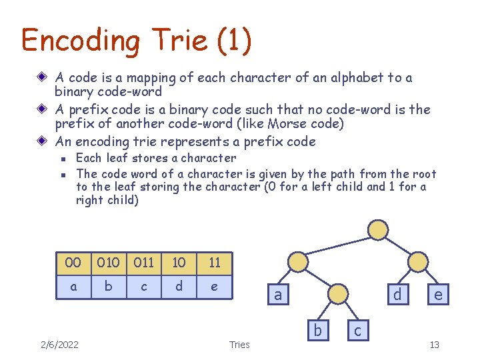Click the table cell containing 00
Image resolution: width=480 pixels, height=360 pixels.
coord(73,263)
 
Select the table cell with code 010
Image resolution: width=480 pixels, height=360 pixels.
coord(108,263)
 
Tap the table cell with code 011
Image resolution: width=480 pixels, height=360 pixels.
coord(143,263)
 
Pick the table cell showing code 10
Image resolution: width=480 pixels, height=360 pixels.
coord(179,263)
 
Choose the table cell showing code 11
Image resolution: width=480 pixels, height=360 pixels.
coord(214,263)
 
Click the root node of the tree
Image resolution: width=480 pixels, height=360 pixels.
coord(378,230)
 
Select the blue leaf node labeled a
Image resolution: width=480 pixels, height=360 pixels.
coord(277,295)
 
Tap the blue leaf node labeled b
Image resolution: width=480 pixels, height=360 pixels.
coord(318,330)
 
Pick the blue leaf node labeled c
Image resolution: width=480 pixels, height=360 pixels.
coord(358,330)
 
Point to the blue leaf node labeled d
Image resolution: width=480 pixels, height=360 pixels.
coord(397,295)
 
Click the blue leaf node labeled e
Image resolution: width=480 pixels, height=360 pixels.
coord(437,295)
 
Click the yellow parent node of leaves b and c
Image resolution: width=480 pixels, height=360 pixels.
coord(338,294)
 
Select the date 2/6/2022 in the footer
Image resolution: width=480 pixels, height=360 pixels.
coord(59,344)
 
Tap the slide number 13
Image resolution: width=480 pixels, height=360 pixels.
coord(434,344)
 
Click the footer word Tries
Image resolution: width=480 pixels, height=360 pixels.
coord(239,344)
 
